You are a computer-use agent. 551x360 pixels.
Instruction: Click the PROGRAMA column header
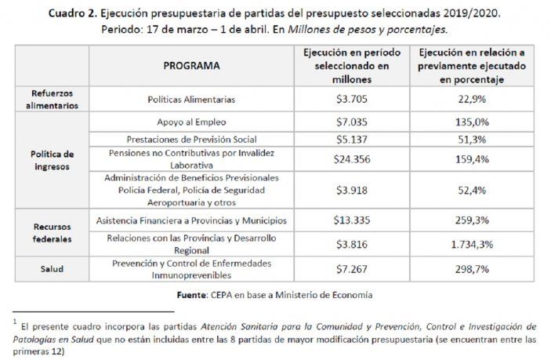point(191,66)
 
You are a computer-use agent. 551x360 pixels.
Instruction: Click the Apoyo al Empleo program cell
point(191,122)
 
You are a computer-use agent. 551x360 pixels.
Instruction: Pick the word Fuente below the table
point(212,295)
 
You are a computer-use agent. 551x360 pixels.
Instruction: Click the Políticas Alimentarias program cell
point(191,100)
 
